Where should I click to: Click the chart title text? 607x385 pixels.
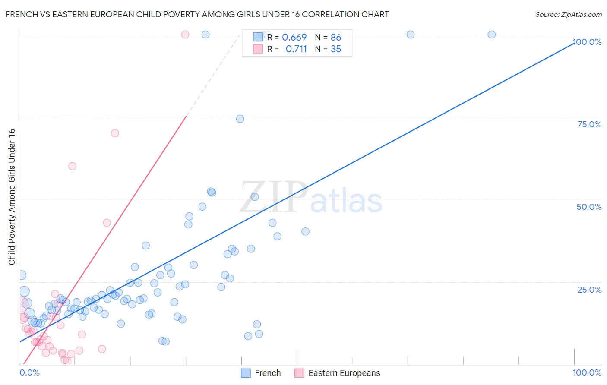pyautogui.click(x=197, y=14)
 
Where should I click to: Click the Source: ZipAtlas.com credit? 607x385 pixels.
pyautogui.click(x=568, y=14)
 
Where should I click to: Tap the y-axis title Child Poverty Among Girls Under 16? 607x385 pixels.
pyautogui.click(x=12, y=197)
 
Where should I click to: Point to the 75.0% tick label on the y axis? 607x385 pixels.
pyautogui.click(x=589, y=124)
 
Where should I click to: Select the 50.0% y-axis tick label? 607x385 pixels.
pyautogui.click(x=589, y=207)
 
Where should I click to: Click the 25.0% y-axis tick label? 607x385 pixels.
pyautogui.click(x=589, y=290)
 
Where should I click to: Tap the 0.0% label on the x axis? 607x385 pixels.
pyautogui.click(x=29, y=372)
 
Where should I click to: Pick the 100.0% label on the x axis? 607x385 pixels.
pyautogui.click(x=587, y=372)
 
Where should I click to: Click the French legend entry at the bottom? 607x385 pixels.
pyautogui.click(x=261, y=373)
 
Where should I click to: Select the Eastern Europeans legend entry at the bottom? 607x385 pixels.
pyautogui.click(x=338, y=373)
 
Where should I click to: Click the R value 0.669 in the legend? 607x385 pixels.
pyautogui.click(x=294, y=37)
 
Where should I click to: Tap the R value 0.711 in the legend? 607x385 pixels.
pyautogui.click(x=296, y=49)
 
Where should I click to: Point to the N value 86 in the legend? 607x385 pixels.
pyautogui.click(x=336, y=37)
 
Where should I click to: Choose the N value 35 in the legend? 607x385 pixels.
pyautogui.click(x=336, y=49)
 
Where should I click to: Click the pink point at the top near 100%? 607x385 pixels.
pyautogui.click(x=185, y=35)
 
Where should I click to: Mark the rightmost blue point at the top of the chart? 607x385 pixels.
pyautogui.click(x=491, y=35)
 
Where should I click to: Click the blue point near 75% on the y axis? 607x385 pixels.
pyautogui.click(x=240, y=119)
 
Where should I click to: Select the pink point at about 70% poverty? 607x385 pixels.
pyautogui.click(x=115, y=133)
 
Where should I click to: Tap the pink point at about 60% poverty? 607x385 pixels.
pyautogui.click(x=72, y=166)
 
